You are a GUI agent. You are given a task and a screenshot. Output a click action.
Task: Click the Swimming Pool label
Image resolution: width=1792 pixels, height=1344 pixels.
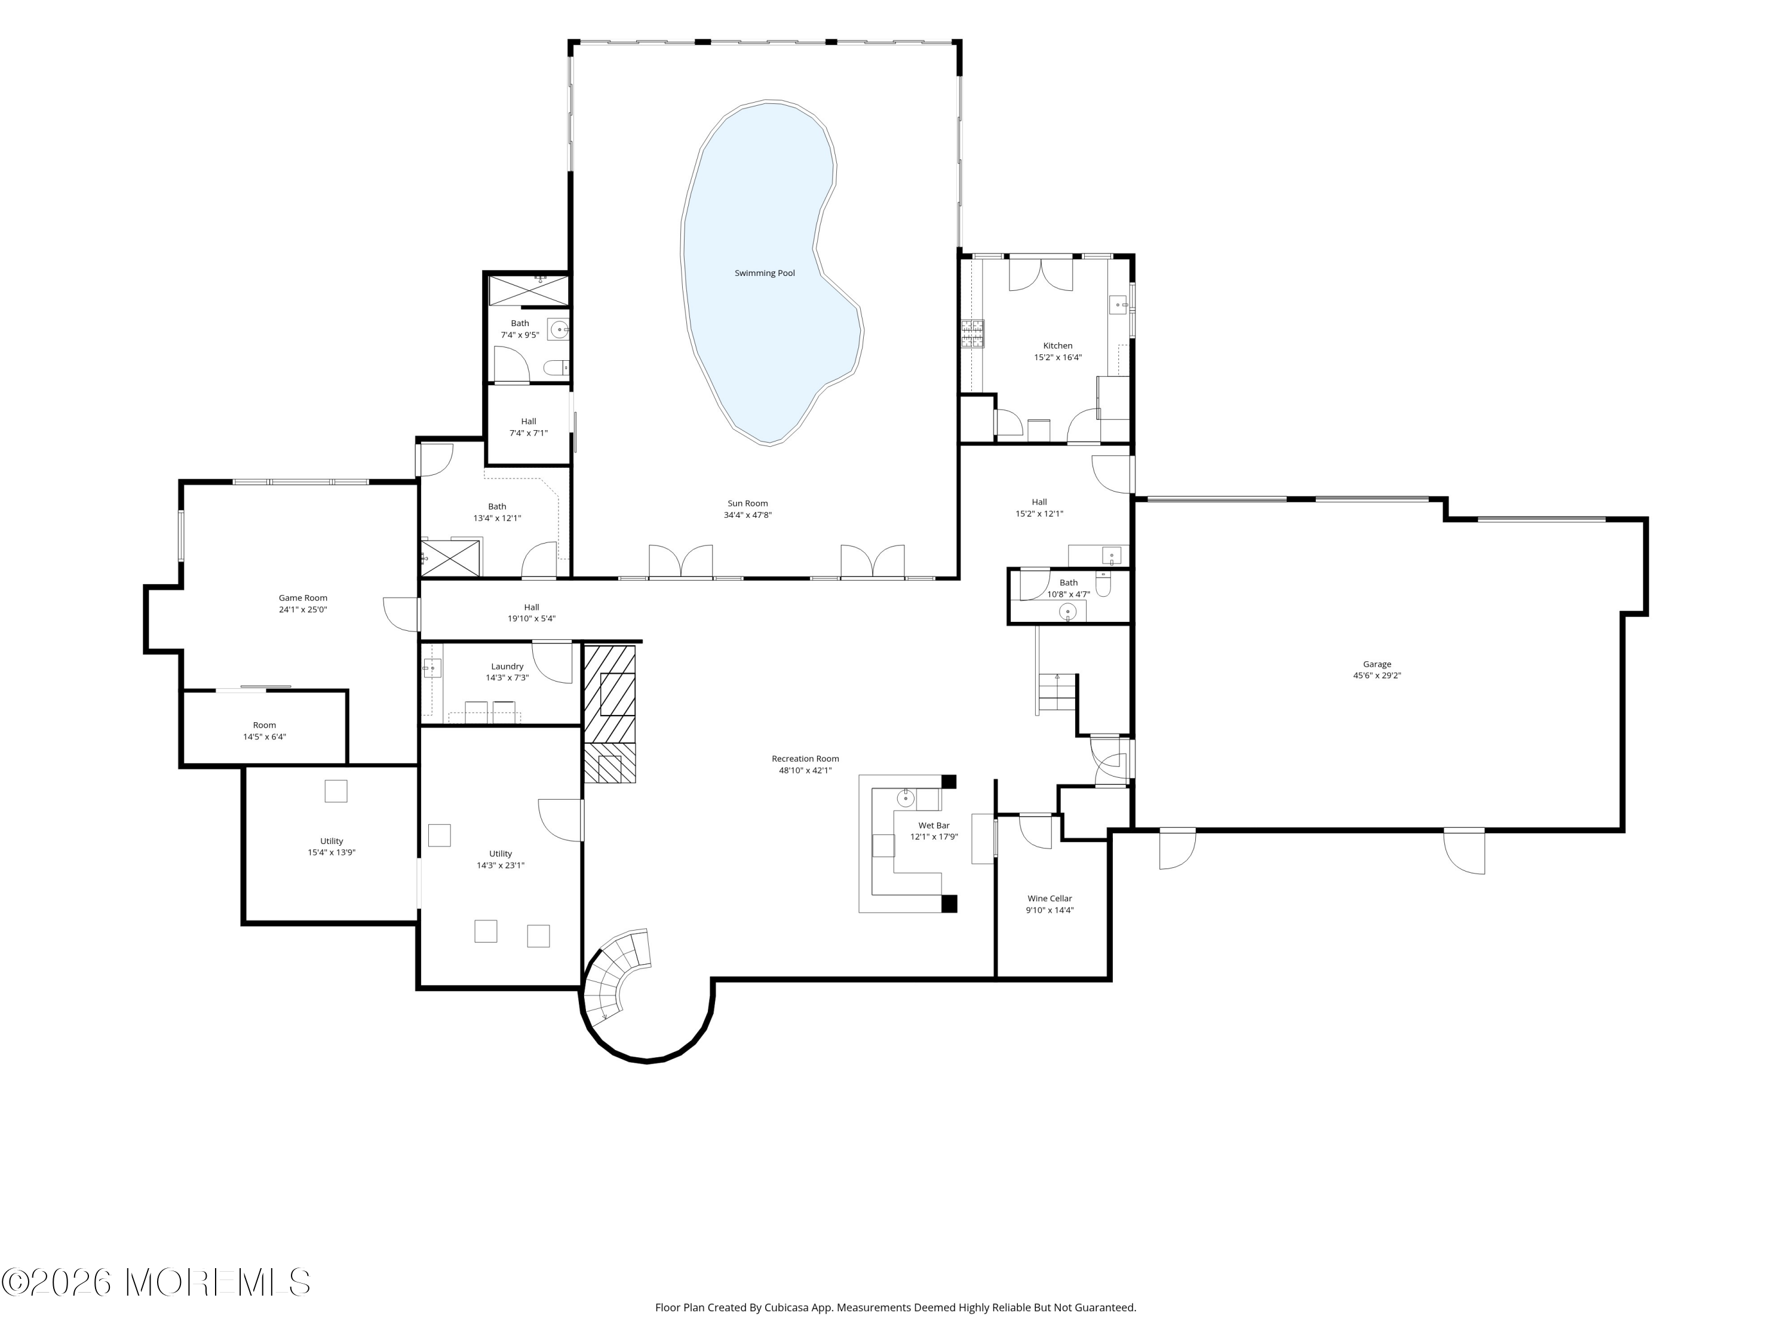(765, 273)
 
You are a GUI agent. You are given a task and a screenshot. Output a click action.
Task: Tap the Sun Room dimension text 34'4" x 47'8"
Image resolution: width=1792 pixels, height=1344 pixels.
(748, 515)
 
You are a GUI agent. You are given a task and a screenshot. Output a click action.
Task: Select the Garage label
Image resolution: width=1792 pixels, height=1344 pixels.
(1377, 664)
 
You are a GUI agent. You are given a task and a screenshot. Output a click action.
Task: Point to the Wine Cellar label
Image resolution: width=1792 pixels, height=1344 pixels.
(1050, 898)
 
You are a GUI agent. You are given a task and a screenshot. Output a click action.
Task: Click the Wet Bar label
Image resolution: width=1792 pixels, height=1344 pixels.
(934, 826)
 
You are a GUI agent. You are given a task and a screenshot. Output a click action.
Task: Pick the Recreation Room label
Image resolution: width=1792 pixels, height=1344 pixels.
(805, 759)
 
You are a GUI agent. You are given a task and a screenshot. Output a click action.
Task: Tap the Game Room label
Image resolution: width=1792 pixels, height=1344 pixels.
(303, 598)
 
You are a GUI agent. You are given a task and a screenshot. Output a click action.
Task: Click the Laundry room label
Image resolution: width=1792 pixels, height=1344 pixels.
(507, 667)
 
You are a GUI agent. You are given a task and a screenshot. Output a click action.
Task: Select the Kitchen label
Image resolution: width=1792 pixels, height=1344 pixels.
(1058, 346)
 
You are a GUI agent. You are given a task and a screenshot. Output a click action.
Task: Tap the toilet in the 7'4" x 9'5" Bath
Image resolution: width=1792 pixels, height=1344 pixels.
(557, 369)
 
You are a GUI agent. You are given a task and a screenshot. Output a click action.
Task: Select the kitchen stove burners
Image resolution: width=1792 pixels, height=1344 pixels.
(973, 334)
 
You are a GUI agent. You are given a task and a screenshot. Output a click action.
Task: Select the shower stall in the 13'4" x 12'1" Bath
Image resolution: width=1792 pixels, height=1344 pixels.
(450, 557)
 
